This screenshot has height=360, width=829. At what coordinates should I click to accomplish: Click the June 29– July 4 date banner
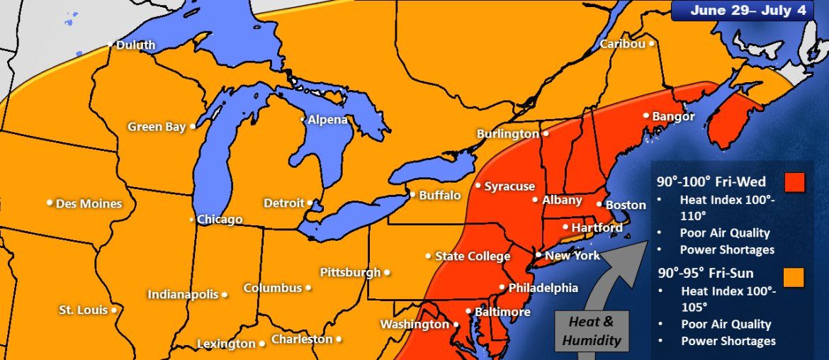point(749,11)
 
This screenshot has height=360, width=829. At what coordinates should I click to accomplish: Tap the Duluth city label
point(135,45)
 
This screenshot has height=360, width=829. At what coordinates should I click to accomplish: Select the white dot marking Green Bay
point(193,127)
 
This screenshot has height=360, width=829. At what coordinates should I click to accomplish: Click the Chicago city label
point(220,220)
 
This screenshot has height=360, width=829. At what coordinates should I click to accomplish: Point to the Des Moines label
point(89,203)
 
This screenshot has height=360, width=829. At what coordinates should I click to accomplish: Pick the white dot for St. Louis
point(113,310)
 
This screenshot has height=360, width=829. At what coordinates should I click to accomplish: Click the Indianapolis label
point(183,294)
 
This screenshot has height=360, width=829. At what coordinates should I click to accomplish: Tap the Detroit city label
point(283,203)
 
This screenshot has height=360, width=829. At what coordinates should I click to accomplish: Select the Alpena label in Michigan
point(327,120)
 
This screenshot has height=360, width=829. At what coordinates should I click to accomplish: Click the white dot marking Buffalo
point(412,194)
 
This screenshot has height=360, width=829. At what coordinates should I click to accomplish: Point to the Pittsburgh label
point(350,271)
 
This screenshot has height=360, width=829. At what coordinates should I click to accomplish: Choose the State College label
point(473,256)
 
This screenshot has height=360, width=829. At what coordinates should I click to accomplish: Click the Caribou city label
point(622,44)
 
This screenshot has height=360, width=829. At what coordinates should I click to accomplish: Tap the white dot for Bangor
point(646,116)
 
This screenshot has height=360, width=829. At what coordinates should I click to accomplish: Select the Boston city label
point(626,205)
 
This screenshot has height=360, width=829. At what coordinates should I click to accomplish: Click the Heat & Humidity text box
point(591,331)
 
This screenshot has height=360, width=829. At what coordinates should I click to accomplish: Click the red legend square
point(795,182)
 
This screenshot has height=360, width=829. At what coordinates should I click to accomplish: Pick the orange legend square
point(795,276)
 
